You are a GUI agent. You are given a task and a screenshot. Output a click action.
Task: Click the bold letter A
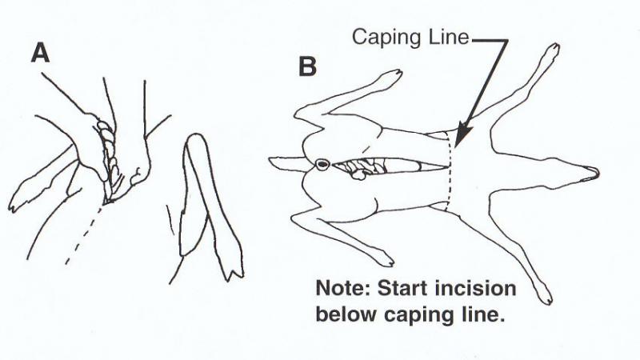[x=41, y=54]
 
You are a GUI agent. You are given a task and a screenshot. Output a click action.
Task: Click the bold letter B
[x=307, y=66]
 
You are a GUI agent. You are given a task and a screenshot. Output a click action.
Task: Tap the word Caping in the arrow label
[x=386, y=37]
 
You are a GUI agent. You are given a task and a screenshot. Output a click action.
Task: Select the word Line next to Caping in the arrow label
[x=449, y=37]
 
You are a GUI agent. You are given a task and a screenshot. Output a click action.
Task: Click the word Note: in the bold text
[x=343, y=289]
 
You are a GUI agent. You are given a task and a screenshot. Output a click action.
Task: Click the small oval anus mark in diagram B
[x=322, y=164]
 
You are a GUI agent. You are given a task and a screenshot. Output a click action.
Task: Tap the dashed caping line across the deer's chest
[x=450, y=171]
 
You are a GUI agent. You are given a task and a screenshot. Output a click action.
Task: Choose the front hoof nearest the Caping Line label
[x=552, y=51]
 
